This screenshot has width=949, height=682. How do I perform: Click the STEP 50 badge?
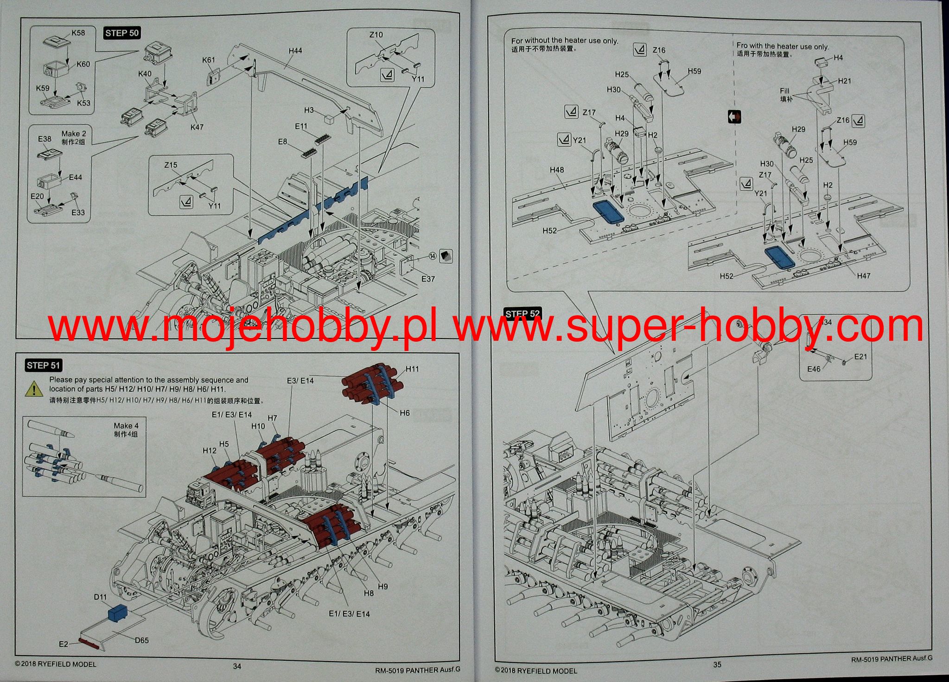(122, 33)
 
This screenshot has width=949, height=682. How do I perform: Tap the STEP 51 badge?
(44, 365)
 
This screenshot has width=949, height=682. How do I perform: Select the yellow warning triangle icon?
(34, 388)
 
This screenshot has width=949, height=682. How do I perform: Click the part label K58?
(78, 33)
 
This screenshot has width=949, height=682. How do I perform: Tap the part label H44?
(295, 51)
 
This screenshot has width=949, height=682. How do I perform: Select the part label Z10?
(376, 35)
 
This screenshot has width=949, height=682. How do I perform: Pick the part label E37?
(428, 279)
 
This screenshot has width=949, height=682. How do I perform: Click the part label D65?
(142, 640)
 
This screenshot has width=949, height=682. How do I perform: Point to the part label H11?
(412, 369)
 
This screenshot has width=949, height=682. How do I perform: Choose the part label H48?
(557, 170)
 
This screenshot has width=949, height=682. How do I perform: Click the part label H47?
(864, 276)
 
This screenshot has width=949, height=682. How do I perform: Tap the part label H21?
(845, 81)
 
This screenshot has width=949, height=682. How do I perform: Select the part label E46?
(814, 369)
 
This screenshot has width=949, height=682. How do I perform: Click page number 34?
(237, 666)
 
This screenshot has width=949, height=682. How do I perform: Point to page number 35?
(717, 664)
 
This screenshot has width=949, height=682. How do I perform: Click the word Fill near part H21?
(784, 91)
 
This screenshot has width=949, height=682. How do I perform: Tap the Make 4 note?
(126, 426)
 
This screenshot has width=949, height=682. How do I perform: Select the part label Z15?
(171, 165)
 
